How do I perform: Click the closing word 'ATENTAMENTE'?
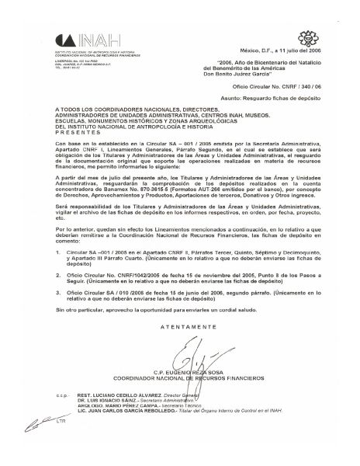point(183,349)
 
